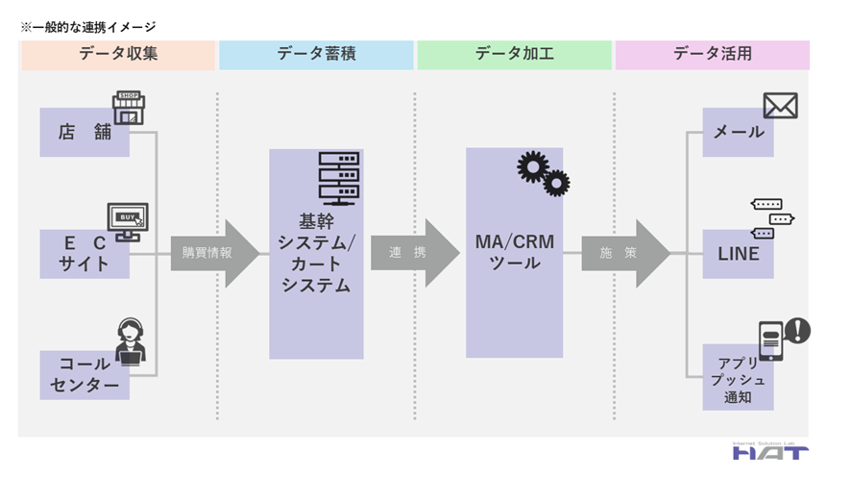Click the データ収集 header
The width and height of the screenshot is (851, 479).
pos(118,55)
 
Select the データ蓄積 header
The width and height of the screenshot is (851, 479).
pos(316,55)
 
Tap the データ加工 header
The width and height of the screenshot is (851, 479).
pos(514,55)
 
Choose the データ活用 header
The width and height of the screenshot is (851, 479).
pos(712,55)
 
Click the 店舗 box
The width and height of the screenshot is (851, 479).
pos(85,133)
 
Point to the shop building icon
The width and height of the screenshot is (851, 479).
pos(129,108)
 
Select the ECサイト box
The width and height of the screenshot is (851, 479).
pos(85,254)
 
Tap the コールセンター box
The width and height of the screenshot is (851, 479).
pos(85,376)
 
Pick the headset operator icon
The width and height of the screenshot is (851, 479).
pos(131,341)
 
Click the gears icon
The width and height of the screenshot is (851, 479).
pos(543,174)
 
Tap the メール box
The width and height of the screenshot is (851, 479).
pos(738,133)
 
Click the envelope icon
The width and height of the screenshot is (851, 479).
pos(780,106)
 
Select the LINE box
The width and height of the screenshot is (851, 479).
pos(738,254)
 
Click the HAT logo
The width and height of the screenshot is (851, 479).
pos(769,450)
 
